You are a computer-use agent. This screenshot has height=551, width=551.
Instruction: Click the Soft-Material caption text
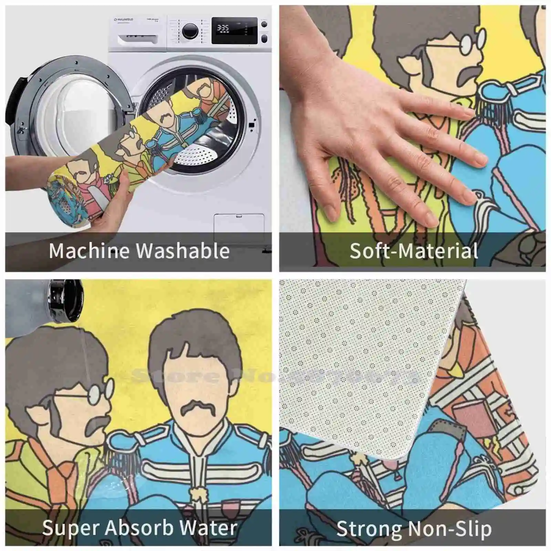pyautogui.click(x=414, y=251)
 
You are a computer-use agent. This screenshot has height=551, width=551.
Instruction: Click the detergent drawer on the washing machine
pyautogui.click(x=137, y=40)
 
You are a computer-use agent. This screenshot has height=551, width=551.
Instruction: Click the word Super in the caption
pyautogui.click(x=71, y=528)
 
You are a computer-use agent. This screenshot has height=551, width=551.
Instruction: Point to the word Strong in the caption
pyautogui.click(x=368, y=529)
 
